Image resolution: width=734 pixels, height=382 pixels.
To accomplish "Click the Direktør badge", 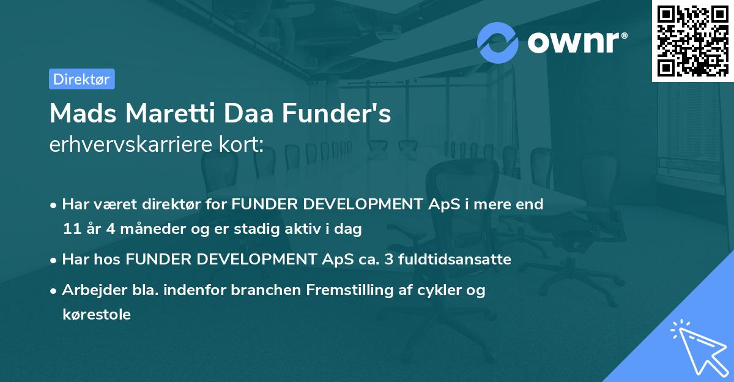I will point(81,79).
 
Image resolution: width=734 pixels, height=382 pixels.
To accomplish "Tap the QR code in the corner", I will point(692,40).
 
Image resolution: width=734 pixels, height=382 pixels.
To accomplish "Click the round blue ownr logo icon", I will point(497,42).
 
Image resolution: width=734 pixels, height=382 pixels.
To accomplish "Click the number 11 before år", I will point(72,230).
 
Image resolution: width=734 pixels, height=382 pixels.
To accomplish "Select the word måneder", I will point(135,230).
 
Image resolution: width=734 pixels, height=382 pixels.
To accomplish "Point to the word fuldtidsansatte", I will point(454,260).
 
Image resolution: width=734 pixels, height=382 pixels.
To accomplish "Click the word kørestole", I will point(96,315).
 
